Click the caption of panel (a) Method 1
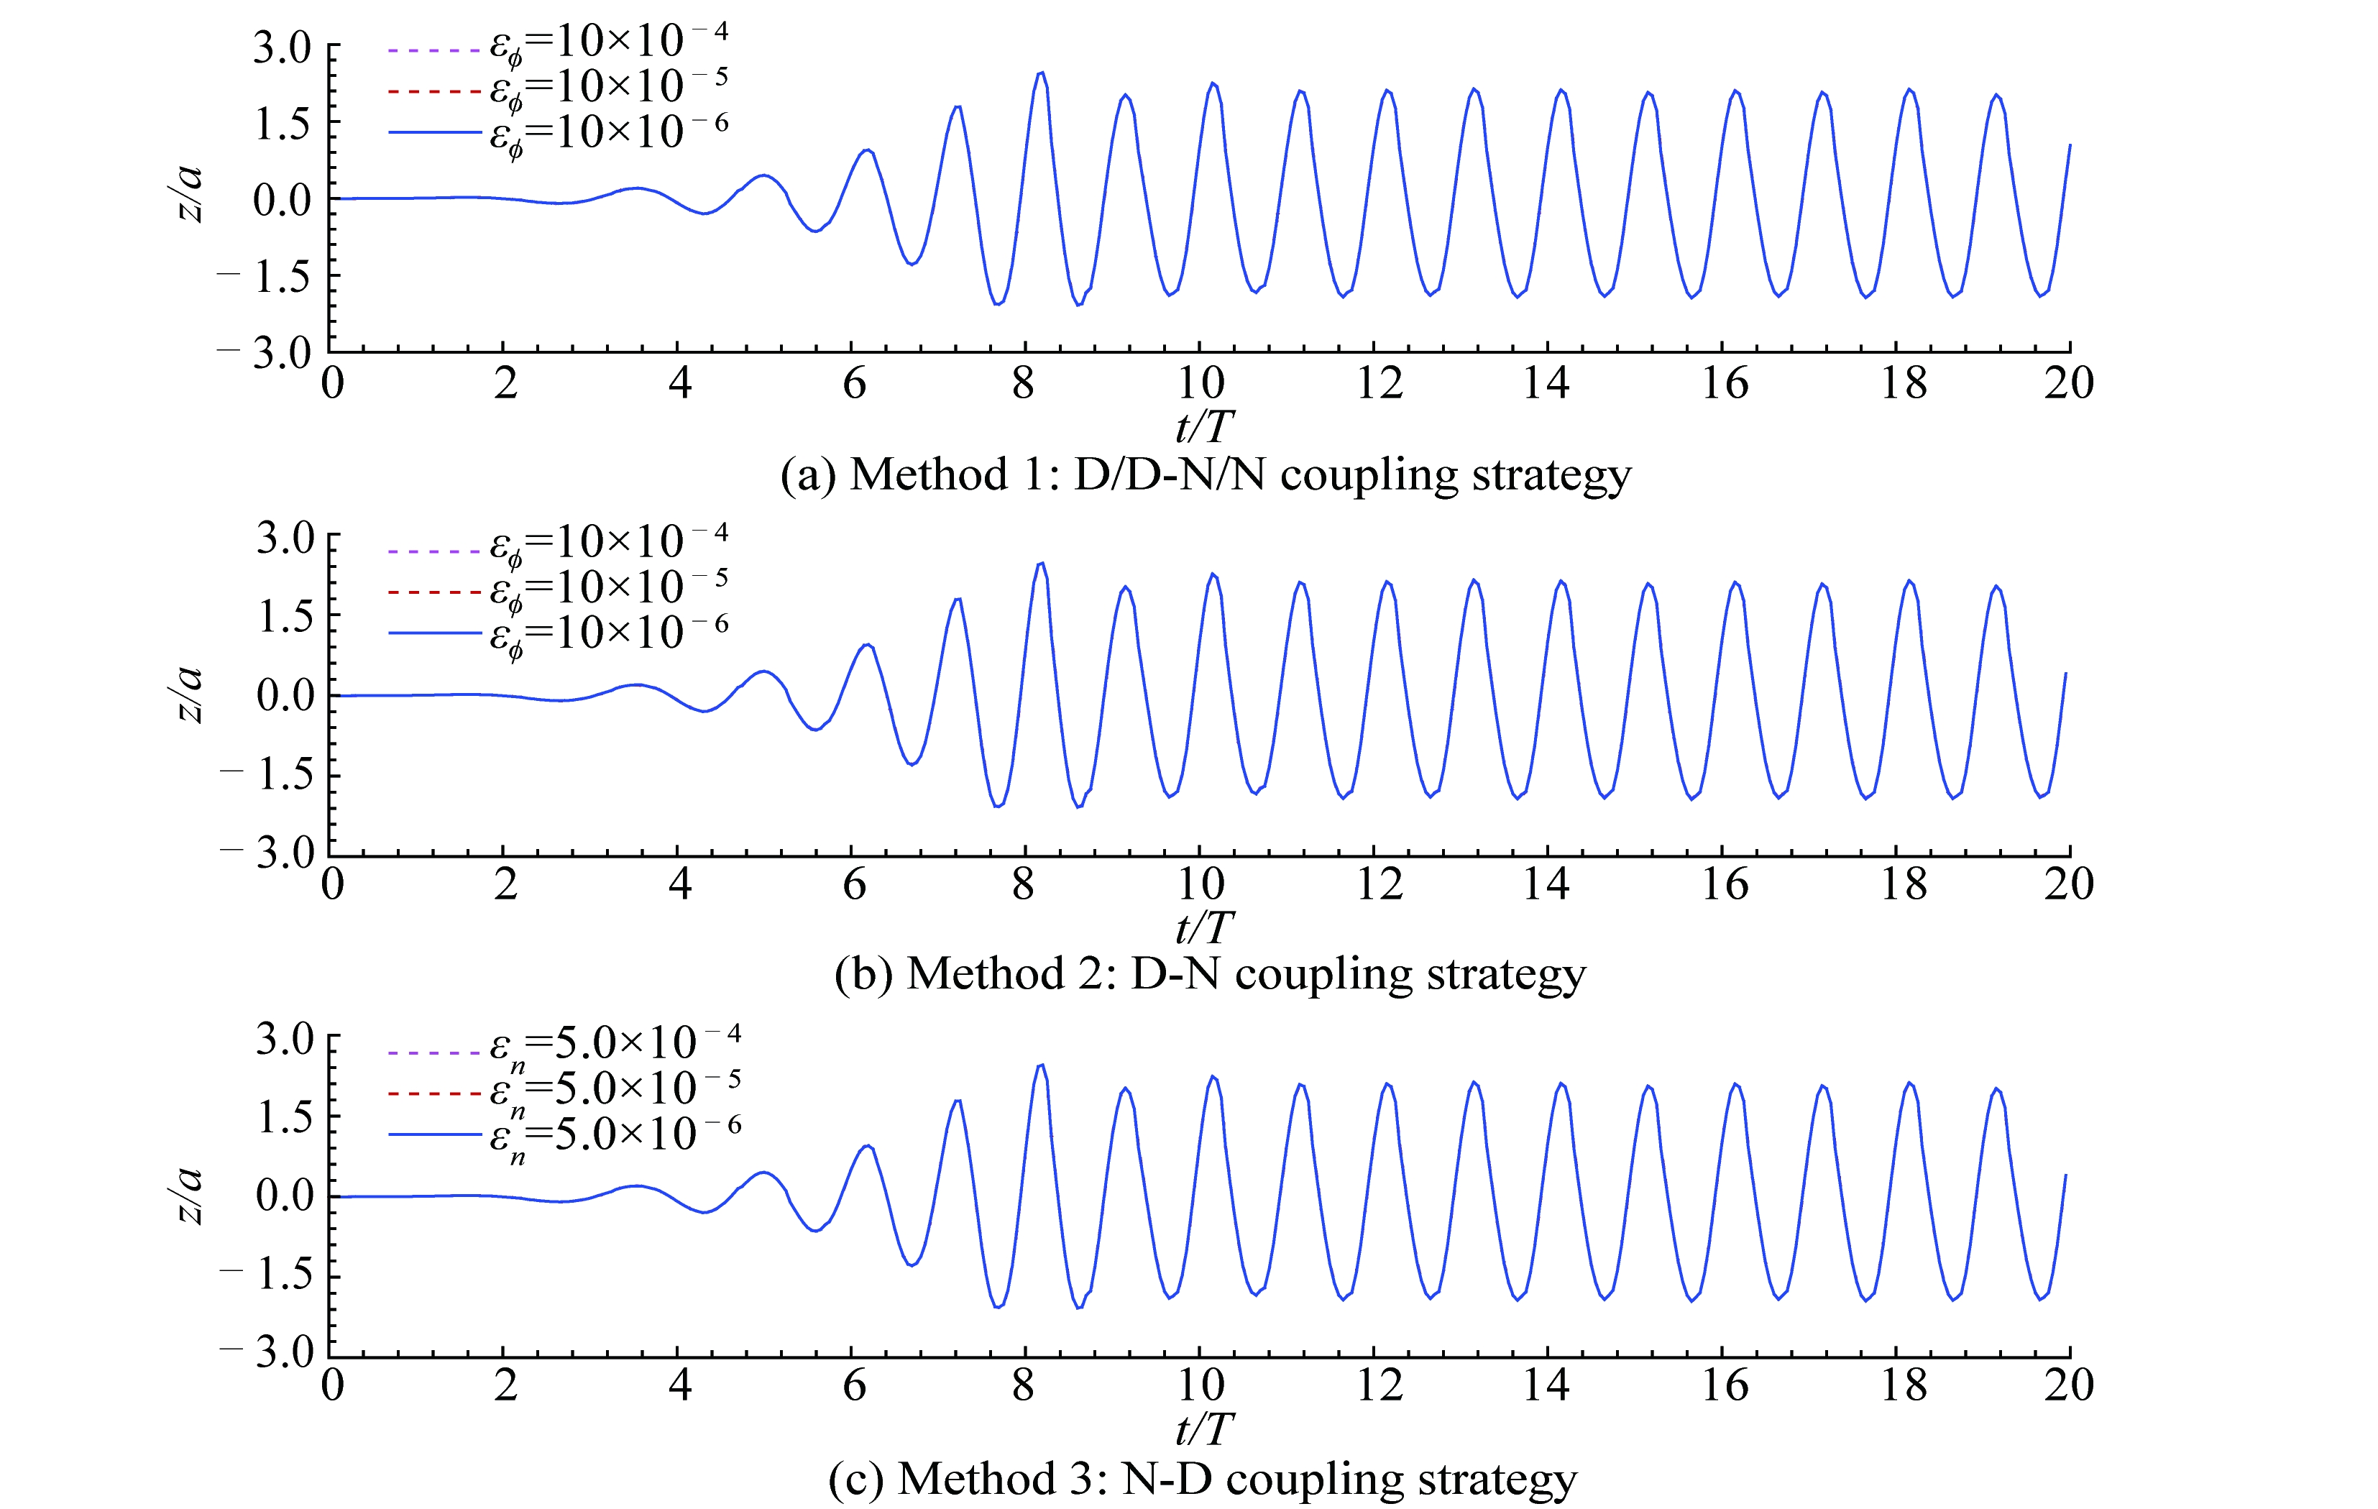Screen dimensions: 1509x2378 (x=1205, y=475)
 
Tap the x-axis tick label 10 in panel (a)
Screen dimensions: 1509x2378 (x=1200, y=383)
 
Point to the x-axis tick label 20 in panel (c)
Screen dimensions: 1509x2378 (x=2068, y=1385)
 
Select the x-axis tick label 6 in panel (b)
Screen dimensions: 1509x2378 (x=853, y=884)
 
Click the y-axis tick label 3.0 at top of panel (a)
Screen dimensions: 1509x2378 (x=283, y=47)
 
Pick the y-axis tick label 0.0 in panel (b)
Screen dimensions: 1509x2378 (x=285, y=695)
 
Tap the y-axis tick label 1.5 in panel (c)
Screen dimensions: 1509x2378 (x=285, y=1117)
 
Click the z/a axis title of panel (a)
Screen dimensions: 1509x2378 (x=188, y=195)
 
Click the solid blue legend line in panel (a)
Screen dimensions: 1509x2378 (x=434, y=132)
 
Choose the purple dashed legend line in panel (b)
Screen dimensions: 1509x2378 (x=434, y=550)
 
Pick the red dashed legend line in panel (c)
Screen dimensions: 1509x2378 (x=434, y=1093)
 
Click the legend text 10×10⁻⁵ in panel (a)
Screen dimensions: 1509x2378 (x=608, y=87)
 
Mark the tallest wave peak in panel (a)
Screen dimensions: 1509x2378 (x=1041, y=73)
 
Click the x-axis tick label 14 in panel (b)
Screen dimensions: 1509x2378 (x=1546, y=884)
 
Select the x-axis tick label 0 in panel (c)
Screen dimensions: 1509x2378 (x=333, y=1385)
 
